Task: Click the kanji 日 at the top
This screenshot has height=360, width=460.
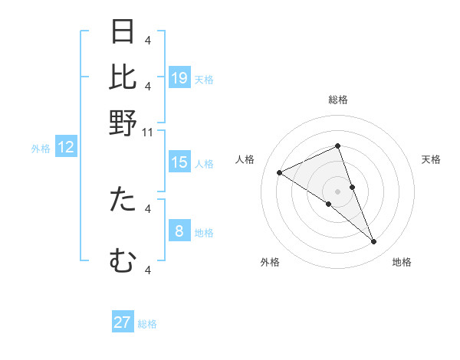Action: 123,32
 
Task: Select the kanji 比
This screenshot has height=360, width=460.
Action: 123,77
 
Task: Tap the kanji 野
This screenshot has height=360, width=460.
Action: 123,123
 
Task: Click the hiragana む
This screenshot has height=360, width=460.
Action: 123,261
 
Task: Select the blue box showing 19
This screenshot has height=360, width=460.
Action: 179,78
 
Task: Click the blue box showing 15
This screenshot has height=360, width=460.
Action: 179,162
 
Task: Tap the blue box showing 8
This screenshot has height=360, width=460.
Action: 179,231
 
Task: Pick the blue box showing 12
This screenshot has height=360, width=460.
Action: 66,148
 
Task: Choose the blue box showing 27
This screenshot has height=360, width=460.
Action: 123,322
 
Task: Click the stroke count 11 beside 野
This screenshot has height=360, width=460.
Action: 148,133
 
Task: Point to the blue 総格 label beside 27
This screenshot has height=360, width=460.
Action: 147,324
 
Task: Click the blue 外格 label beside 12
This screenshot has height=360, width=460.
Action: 41,149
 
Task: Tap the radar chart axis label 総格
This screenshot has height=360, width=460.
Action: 337,100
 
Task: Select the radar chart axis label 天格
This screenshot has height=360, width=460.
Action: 431,159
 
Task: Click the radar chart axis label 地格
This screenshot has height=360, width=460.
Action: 402,262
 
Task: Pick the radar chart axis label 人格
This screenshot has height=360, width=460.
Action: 245,159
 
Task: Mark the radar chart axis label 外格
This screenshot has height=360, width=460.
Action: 270,262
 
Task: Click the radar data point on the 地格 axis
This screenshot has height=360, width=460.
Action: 374,242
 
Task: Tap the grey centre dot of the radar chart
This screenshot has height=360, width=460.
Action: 337,191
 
